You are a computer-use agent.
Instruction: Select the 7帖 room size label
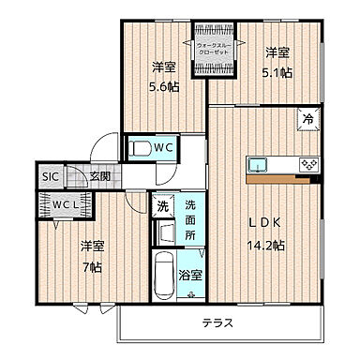[x=91, y=262]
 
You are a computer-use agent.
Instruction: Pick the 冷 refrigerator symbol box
[x=307, y=119]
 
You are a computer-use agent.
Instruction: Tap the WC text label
[x=164, y=147]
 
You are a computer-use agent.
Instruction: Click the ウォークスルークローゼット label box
[x=214, y=44]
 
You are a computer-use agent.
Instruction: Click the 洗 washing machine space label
[x=162, y=205]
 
